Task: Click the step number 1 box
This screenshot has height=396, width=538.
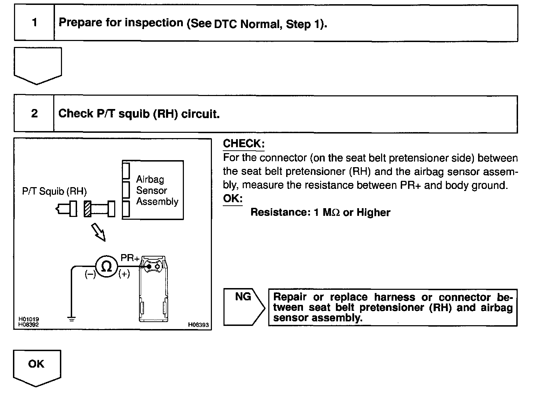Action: tap(34, 23)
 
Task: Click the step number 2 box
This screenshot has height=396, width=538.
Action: tap(34, 114)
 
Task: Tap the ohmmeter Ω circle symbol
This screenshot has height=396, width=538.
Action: tap(106, 267)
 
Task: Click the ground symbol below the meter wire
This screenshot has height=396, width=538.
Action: tap(71, 319)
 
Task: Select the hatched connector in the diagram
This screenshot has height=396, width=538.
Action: tap(88, 209)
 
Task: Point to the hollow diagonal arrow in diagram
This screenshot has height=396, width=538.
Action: tap(98, 233)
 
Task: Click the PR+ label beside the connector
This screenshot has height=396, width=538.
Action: tap(130, 258)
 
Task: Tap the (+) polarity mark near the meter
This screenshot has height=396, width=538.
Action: tap(124, 274)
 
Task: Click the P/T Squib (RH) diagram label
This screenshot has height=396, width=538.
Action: tap(54, 191)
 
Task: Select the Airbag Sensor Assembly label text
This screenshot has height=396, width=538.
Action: tap(157, 190)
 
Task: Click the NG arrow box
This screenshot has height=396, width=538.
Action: tap(244, 307)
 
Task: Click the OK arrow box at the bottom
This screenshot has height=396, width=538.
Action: tap(37, 367)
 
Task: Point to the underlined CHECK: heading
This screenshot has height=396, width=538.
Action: tap(244, 143)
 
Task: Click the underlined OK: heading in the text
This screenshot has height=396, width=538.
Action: tap(233, 198)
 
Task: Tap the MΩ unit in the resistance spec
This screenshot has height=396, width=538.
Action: tap(331, 212)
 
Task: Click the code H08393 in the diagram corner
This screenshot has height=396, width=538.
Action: tap(198, 325)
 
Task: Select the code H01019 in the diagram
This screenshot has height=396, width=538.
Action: tap(29, 319)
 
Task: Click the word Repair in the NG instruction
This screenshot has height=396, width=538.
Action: tap(290, 297)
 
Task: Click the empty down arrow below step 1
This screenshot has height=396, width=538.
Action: tap(38, 65)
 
